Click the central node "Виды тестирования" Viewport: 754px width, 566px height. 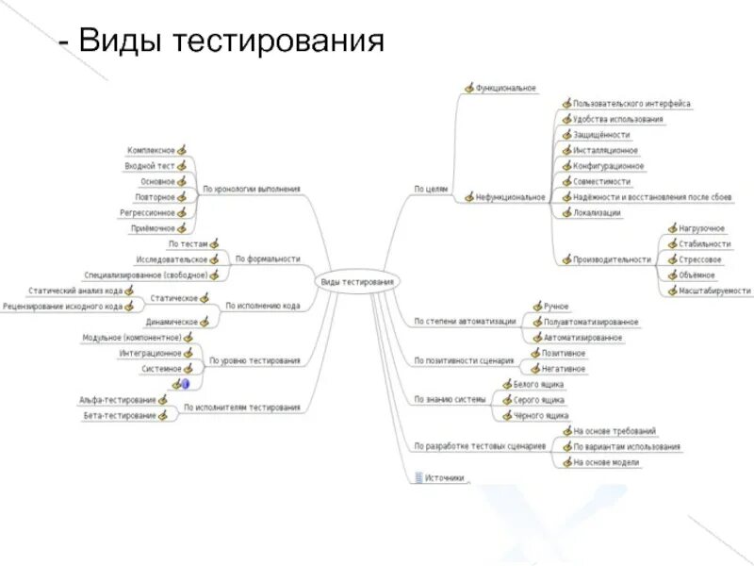[357, 282]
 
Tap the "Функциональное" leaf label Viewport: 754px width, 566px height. [505, 89]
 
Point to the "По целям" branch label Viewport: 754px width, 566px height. [431, 189]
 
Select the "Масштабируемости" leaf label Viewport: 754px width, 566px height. [714, 291]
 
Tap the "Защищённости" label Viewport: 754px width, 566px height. [600, 135]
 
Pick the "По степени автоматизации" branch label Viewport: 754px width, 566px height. [465, 322]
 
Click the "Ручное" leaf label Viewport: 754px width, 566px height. [557, 307]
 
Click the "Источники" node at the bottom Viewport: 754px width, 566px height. [444, 478]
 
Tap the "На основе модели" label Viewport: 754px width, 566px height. [605, 462]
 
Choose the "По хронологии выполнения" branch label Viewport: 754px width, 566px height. [252, 189]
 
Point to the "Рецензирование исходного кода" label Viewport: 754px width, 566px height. [62, 306]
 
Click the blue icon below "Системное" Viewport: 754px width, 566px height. [186, 383]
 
